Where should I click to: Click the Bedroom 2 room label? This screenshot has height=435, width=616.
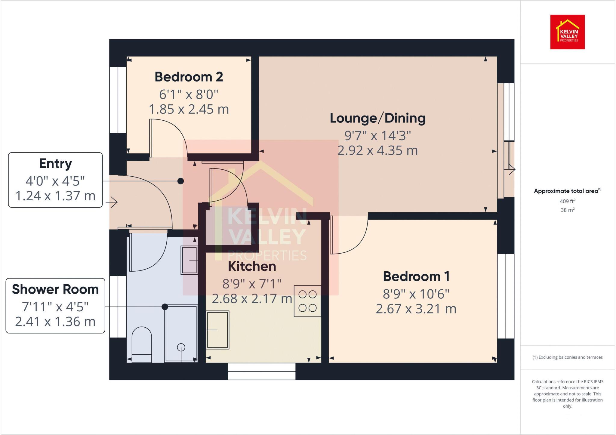(189, 77)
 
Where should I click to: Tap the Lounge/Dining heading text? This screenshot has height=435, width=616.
(377, 118)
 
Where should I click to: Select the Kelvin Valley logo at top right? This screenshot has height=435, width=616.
(567, 32)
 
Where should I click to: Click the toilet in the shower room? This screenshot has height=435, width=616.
(142, 344)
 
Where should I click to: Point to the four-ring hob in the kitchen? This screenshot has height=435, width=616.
(307, 301)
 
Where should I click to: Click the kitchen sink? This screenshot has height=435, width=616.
(217, 330)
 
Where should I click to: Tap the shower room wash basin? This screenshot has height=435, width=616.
(189, 260)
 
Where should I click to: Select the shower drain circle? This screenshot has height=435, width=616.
(181, 347)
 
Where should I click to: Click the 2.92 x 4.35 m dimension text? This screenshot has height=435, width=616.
(377, 150)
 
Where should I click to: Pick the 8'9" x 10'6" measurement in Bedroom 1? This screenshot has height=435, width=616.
(416, 294)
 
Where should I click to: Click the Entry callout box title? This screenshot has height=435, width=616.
(55, 164)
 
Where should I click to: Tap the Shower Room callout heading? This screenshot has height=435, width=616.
(55, 289)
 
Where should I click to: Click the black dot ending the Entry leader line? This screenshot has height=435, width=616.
(180, 181)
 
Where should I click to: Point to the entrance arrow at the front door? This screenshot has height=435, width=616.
(113, 202)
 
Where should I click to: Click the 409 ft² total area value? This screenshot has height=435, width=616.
(567, 201)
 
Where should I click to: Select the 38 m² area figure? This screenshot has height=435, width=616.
(567, 210)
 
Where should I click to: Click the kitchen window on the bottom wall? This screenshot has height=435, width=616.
(262, 371)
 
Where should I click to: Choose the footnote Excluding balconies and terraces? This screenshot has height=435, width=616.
(567, 357)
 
